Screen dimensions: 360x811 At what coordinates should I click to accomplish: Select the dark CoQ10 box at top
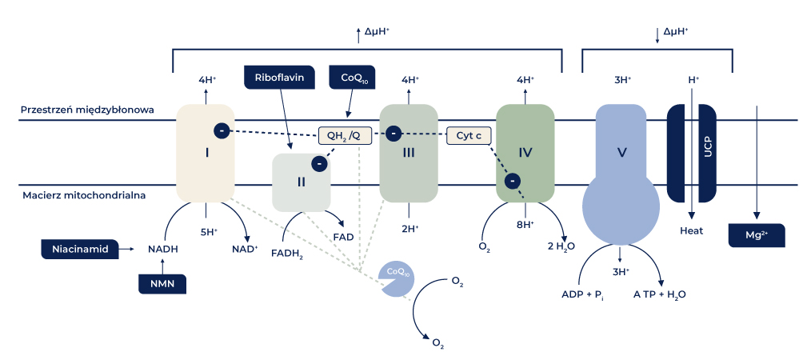pos(352,78)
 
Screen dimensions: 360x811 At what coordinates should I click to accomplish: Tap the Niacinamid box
pos(79,249)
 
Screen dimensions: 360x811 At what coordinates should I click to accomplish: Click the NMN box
pos(162,283)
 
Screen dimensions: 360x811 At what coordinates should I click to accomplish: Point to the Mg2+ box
pos(755,235)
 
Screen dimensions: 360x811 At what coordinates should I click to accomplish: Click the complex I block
pos(206,152)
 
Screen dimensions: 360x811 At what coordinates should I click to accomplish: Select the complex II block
pos(301,182)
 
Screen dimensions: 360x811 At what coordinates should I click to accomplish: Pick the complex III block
pos(408,152)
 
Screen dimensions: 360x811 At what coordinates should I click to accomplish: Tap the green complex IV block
pos(525,152)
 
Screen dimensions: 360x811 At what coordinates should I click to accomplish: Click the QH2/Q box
pos(345,135)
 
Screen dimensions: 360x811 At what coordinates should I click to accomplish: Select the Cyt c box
pos(468,135)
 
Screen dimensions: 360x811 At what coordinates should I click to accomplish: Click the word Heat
pos(691,230)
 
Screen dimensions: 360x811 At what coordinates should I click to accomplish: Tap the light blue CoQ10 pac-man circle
pos(397,278)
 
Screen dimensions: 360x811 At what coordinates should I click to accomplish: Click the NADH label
pos(162,249)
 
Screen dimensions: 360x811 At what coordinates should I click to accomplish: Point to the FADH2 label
pos(287,254)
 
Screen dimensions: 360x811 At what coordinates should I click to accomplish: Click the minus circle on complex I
pos(222,130)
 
